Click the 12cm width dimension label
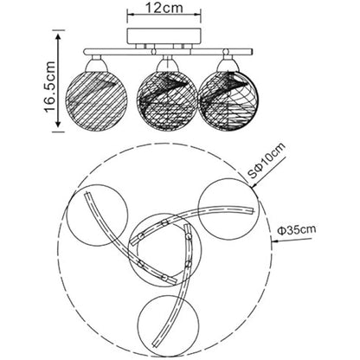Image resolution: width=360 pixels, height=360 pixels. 164,8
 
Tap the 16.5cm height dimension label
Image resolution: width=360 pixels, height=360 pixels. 49,87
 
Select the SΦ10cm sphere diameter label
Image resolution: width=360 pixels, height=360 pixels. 267,160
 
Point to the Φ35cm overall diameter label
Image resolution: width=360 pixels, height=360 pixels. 297,230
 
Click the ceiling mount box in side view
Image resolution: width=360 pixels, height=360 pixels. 164,35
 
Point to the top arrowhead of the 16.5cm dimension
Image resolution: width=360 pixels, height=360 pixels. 58,37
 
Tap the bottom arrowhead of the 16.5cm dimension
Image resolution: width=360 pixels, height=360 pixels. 58,124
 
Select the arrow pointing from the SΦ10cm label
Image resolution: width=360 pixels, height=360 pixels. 269,172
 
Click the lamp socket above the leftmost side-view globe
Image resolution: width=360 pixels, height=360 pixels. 95,63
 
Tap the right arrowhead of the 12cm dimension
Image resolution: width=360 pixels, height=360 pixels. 197,14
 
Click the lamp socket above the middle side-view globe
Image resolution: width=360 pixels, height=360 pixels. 166,64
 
